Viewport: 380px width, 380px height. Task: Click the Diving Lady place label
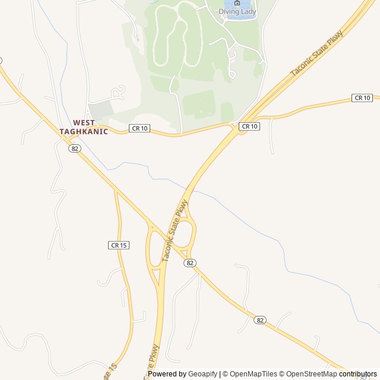237,11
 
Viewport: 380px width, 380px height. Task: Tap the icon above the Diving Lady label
237,3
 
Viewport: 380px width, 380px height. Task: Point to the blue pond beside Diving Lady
249,14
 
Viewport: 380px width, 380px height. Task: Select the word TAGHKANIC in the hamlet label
84,132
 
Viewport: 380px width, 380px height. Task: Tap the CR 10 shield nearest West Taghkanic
139,128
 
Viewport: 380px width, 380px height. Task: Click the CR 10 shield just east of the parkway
249,126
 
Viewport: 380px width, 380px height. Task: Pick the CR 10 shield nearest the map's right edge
362,97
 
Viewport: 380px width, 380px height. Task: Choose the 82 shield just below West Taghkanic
74,148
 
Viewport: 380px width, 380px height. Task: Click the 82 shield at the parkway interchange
189,263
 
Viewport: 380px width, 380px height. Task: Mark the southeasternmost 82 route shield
259,320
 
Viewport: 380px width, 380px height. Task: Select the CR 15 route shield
119,245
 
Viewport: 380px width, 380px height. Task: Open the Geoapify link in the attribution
203,374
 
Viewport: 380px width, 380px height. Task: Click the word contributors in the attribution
358,374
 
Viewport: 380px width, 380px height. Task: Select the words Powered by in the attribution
167,374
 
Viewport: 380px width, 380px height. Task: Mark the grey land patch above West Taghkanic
101,110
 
